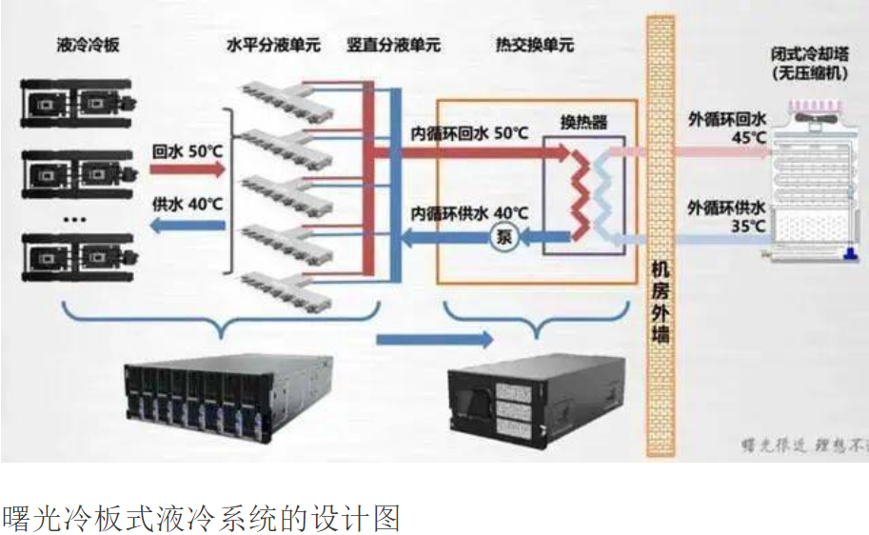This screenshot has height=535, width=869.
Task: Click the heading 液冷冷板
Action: point(88,44)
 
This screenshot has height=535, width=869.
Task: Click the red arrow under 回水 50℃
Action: point(187,170)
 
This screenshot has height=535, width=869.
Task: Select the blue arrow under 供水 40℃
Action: point(187,226)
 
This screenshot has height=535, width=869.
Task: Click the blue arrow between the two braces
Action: point(434,338)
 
